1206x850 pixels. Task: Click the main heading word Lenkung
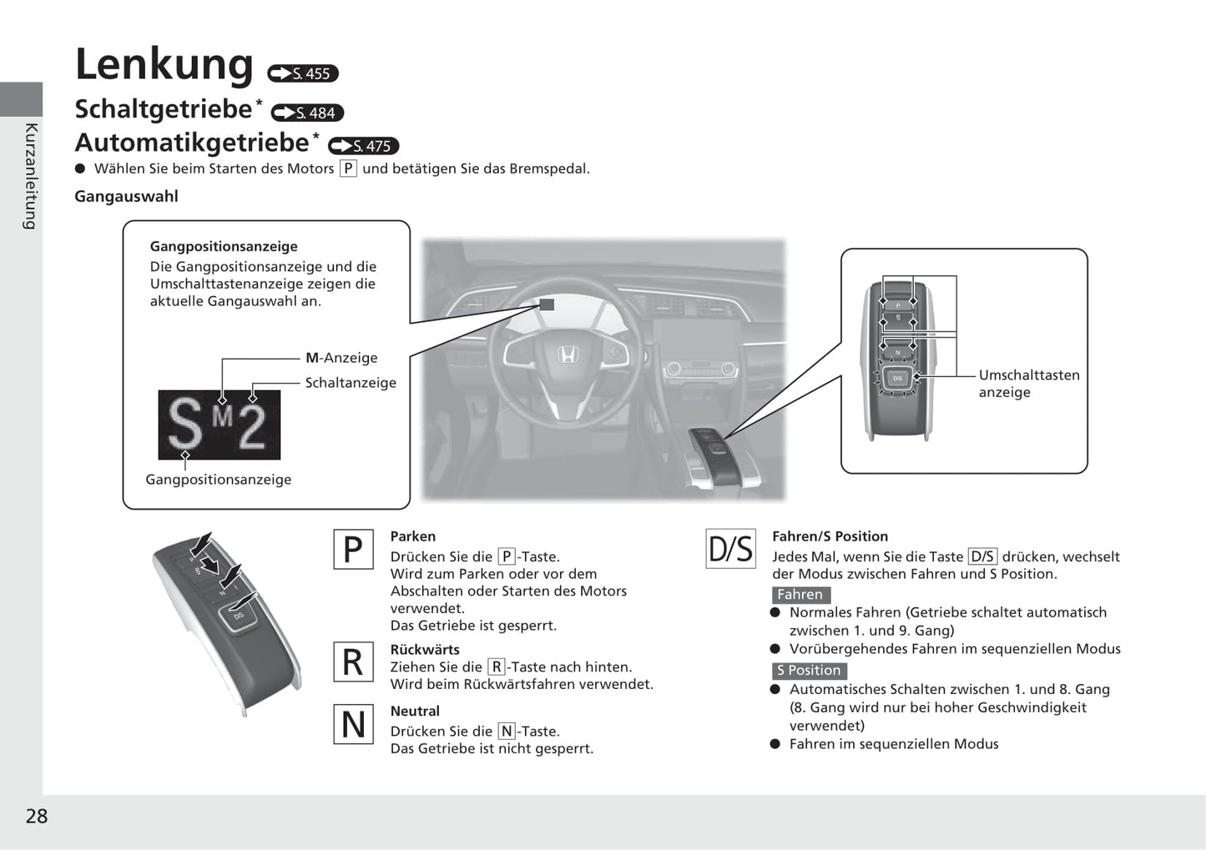tap(164, 64)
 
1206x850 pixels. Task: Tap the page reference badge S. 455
tap(303, 73)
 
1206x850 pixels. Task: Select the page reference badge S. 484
tap(307, 113)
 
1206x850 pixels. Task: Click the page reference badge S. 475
tap(364, 146)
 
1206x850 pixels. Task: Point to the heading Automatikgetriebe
tap(192, 143)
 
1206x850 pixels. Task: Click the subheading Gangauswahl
tap(126, 196)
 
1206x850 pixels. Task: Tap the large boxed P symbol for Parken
tap(353, 550)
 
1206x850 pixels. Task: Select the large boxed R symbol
tap(353, 661)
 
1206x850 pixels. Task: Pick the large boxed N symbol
tap(353, 724)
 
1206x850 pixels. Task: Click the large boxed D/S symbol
tap(730, 549)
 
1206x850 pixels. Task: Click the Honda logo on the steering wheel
tap(568, 355)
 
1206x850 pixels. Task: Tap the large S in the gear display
tap(184, 425)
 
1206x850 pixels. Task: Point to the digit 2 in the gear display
tap(251, 427)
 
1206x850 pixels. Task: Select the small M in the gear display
tap(222, 415)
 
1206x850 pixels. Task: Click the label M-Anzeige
tap(341, 358)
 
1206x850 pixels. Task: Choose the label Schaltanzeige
tap(351, 383)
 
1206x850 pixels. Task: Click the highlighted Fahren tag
tap(800, 595)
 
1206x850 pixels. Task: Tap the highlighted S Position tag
tap(809, 671)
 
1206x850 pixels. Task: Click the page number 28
tap(37, 816)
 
